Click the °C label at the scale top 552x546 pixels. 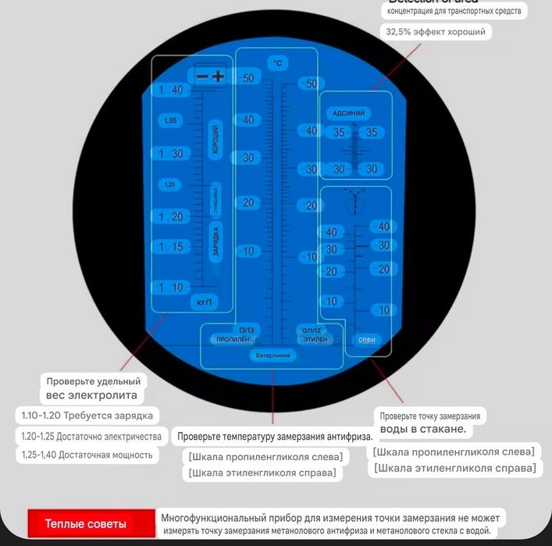tap(276, 62)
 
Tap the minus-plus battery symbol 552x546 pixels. tap(210, 76)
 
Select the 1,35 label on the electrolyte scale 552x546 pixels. tap(171, 120)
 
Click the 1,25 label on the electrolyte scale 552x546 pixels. tap(170, 185)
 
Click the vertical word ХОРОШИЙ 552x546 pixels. tap(215, 140)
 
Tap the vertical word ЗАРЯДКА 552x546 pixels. tap(215, 241)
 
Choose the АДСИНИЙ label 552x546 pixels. tap(348, 113)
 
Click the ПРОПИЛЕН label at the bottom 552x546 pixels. tap(233, 340)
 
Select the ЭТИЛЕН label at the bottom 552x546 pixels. tap(315, 340)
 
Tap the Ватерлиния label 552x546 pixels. tap(272, 355)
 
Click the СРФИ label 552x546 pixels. tap(367, 340)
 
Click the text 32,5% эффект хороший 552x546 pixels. tap(436, 32)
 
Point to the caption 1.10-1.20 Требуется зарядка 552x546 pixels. tap(86, 415)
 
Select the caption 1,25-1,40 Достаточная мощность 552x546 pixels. tap(87, 455)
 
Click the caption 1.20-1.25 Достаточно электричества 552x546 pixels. tap(91, 436)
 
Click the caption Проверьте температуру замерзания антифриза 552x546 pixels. tap(275, 436)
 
